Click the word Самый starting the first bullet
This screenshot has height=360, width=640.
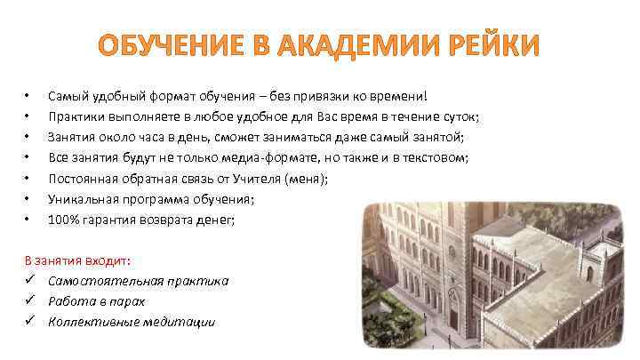point(67,95)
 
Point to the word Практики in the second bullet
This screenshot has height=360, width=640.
point(76,116)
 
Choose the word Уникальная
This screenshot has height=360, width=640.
point(84,201)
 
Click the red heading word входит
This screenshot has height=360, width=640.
point(107,260)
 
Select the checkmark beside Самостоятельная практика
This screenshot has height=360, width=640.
point(31,281)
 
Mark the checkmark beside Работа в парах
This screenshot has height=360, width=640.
point(31,301)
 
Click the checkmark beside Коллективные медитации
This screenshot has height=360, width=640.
point(31,322)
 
